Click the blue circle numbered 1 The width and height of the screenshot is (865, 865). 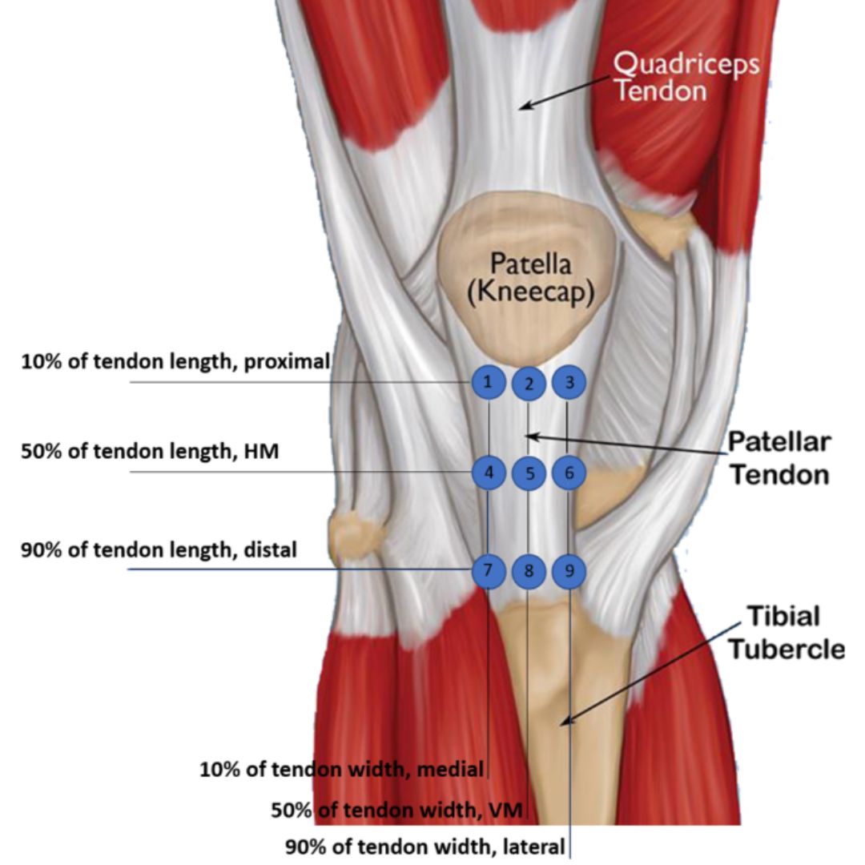click(488, 382)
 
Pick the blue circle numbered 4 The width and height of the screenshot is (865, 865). click(488, 473)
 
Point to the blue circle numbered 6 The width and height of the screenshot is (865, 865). click(569, 473)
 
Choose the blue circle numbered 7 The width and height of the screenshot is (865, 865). click(488, 570)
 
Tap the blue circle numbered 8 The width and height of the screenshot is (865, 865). click(529, 572)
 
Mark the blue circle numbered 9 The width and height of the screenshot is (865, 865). click(569, 571)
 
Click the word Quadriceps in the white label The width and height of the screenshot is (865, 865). click(686, 64)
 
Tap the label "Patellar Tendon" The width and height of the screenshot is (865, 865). click(778, 458)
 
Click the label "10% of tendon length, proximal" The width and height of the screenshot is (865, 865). click(175, 362)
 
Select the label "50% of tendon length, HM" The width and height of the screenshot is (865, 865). click(150, 452)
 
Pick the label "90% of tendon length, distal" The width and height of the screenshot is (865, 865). click(159, 550)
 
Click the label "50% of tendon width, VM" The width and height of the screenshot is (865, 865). click(396, 811)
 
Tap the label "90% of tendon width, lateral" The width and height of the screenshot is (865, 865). click(425, 846)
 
